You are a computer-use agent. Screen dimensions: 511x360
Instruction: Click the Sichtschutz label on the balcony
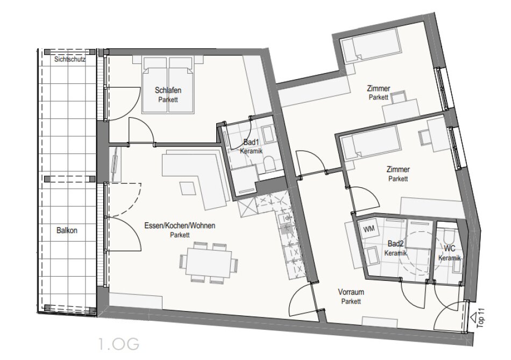point(70,59)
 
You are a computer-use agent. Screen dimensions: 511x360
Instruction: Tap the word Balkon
point(67,230)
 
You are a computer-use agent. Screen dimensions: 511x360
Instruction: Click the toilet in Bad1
point(269,164)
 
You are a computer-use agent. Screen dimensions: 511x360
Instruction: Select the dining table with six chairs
point(209,262)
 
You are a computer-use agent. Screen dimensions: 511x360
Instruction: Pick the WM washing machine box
point(368,229)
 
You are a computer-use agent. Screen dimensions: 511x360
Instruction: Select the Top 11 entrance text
point(480,318)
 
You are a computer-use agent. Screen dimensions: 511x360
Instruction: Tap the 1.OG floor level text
point(119,344)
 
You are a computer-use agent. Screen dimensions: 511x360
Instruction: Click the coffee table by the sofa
point(188,188)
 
